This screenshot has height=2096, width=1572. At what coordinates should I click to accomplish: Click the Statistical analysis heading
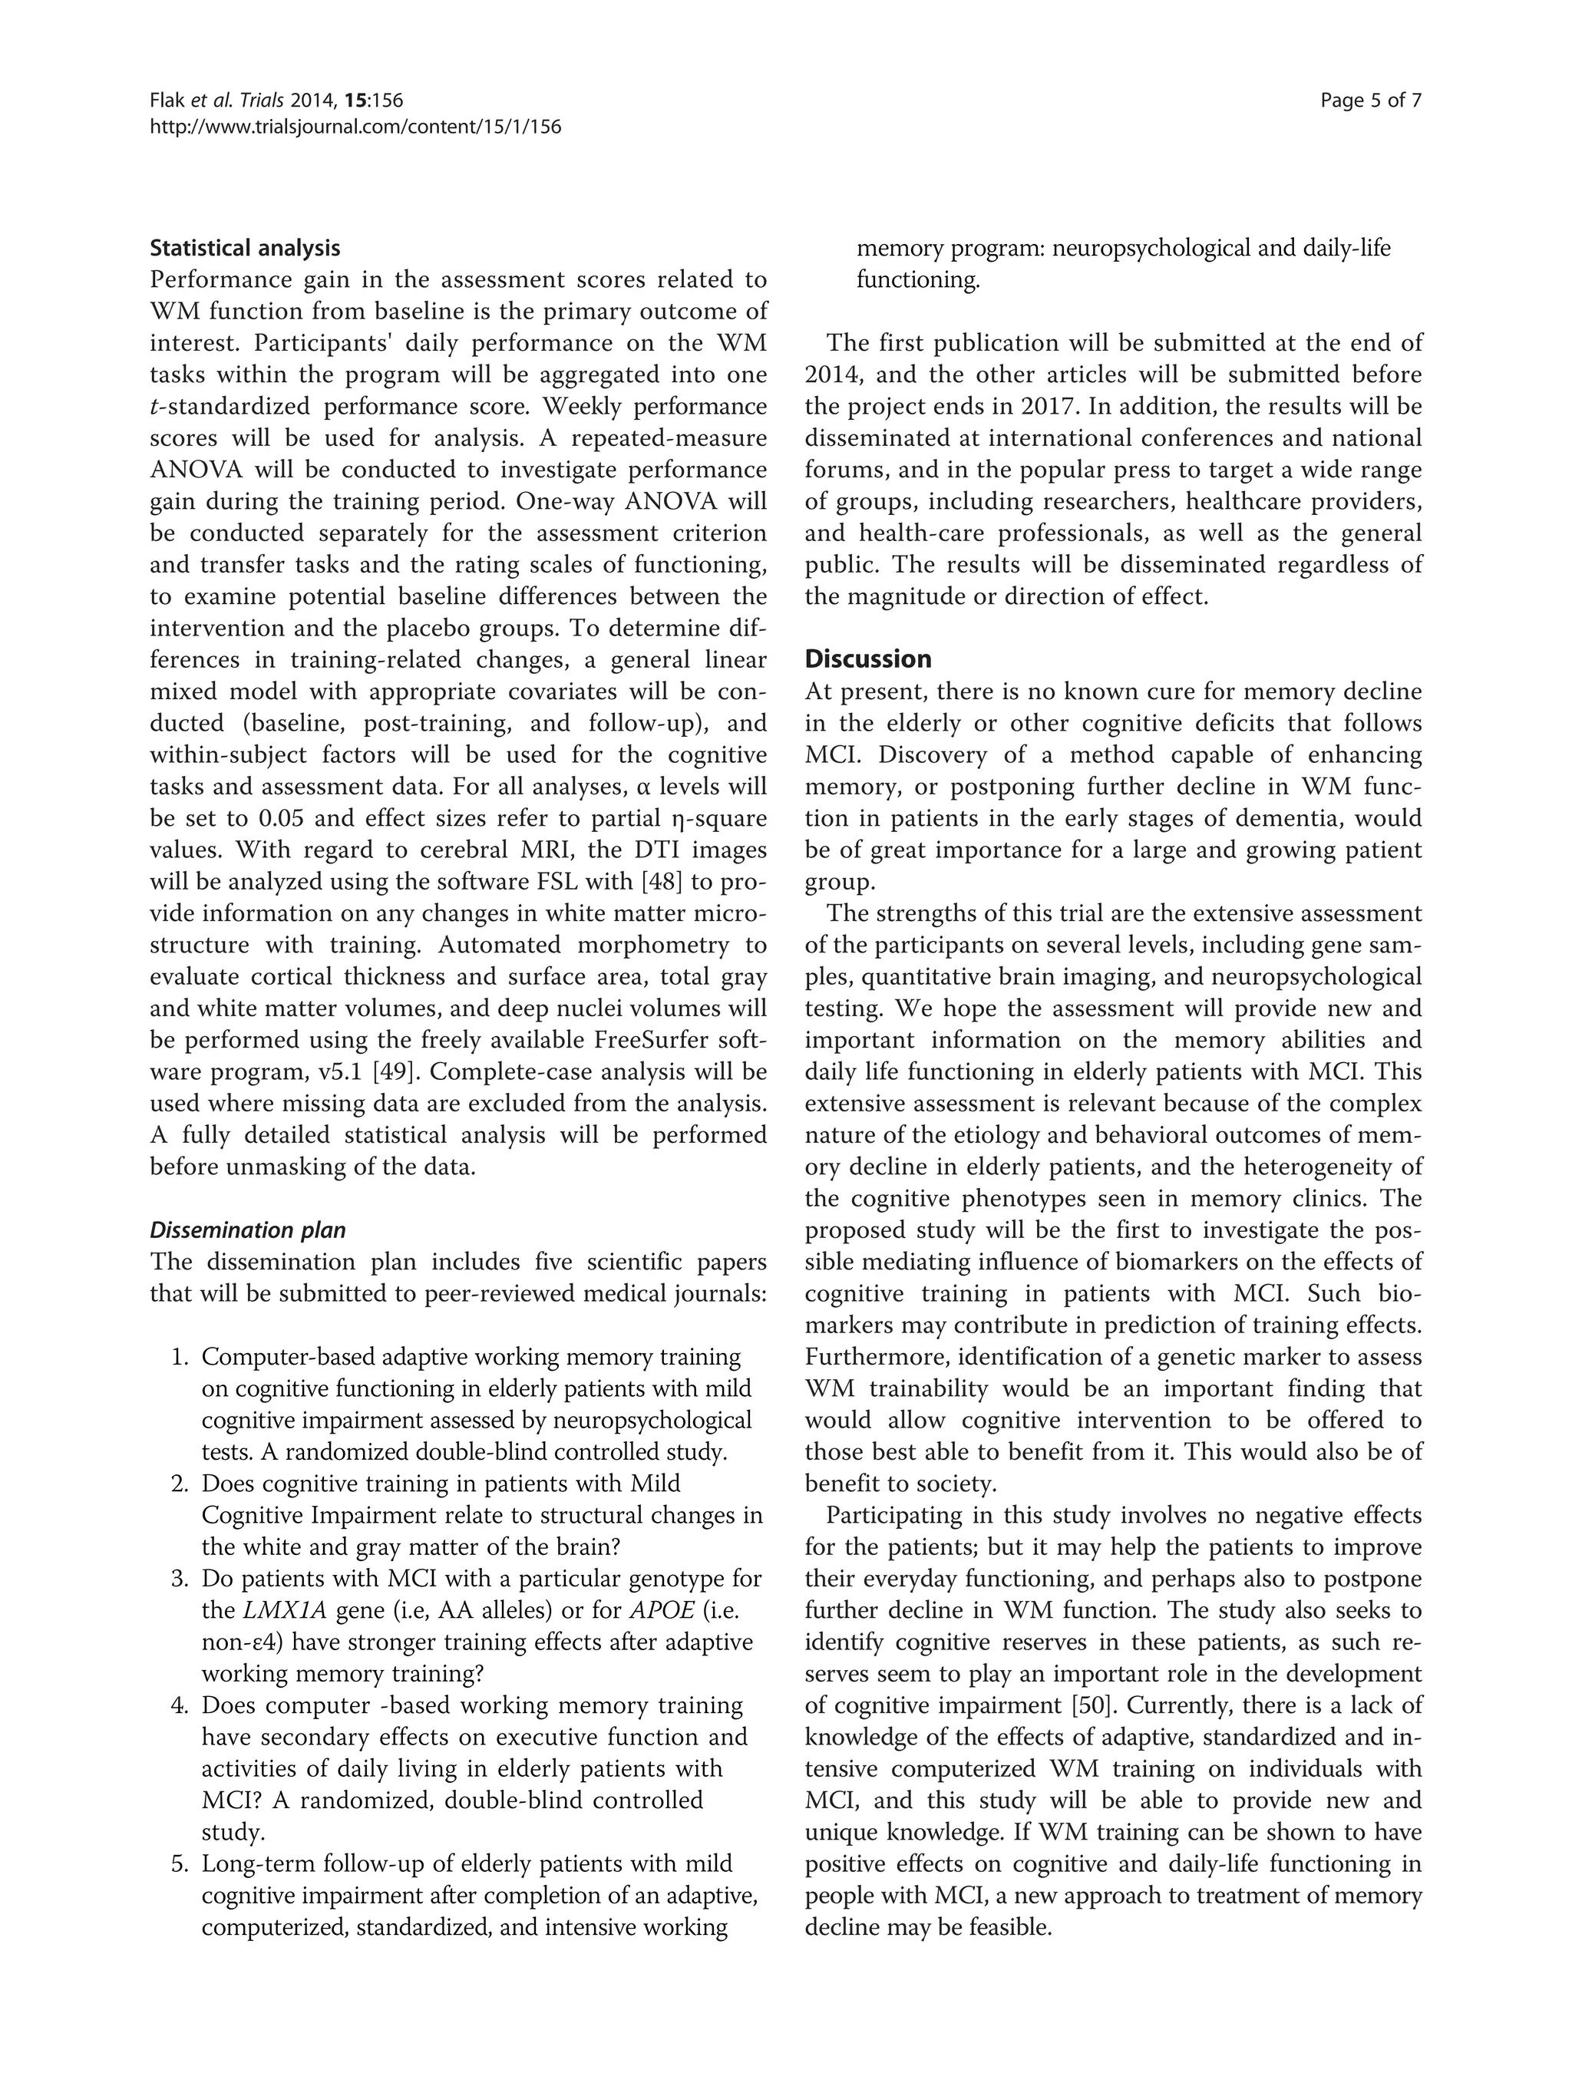tap(244, 248)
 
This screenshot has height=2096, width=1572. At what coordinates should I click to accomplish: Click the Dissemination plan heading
tap(247, 1231)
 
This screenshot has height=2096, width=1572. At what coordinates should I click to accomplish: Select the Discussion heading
tap(867, 659)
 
